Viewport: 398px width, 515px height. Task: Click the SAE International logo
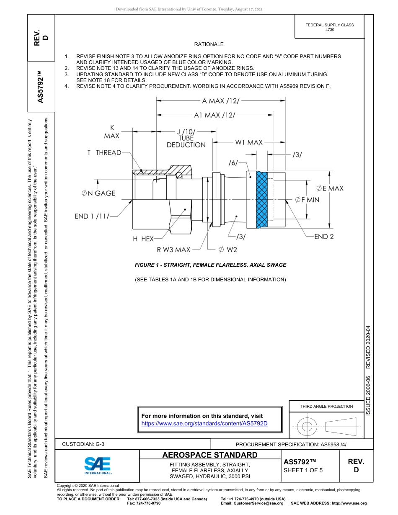coord(98,465)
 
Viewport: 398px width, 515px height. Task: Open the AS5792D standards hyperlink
coord(204,423)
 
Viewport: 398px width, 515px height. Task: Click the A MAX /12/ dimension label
coord(220,101)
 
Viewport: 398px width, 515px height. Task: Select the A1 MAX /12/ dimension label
coord(215,115)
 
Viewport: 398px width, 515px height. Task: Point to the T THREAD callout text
coord(104,153)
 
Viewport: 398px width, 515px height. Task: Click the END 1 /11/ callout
coord(92,216)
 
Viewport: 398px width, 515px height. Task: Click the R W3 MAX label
coord(173,250)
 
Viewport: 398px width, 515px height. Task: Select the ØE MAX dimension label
coord(329,188)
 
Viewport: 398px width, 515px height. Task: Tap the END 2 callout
coord(324,237)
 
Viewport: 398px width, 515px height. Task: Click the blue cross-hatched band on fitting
coord(262,199)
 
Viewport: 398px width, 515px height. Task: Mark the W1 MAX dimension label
coord(248,142)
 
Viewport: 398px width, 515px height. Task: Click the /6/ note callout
coord(233,162)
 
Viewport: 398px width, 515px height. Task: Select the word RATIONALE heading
coord(209,44)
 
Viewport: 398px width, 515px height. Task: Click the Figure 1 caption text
coord(210,265)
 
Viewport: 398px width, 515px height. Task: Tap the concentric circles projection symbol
coord(307,427)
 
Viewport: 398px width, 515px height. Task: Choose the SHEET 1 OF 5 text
coord(303,470)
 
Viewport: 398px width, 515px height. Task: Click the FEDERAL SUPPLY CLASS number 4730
coord(330,30)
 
